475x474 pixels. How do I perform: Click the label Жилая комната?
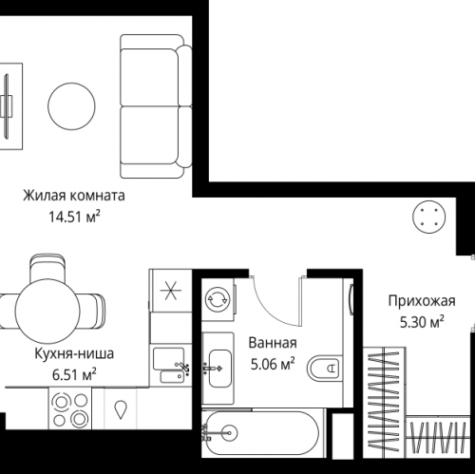(75, 197)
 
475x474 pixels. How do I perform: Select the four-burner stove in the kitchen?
(66, 413)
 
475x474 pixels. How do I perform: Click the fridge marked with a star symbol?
(170, 291)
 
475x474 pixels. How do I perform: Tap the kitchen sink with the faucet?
(172, 366)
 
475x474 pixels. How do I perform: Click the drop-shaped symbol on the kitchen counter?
(123, 410)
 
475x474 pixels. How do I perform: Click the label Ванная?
(273, 343)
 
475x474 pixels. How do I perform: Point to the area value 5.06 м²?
(273, 362)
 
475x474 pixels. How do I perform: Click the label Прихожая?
(421, 303)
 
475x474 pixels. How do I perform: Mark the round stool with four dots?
(426, 216)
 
